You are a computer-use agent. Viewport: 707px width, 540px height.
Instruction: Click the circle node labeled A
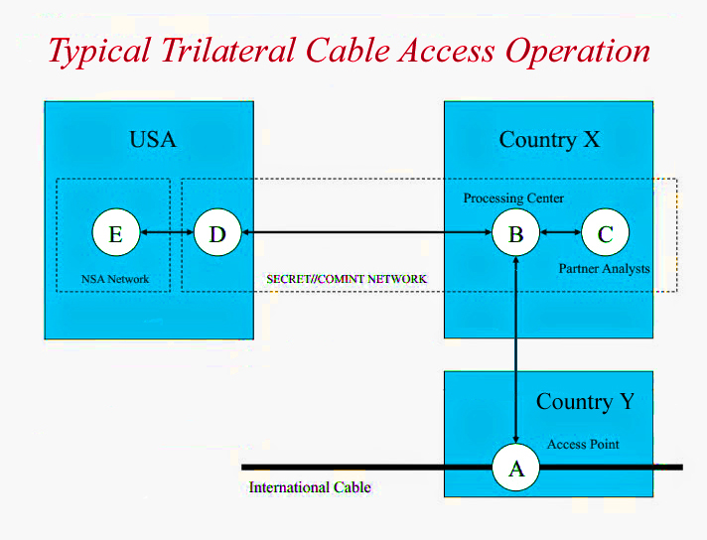(516, 468)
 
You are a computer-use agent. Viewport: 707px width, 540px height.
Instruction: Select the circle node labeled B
(516, 234)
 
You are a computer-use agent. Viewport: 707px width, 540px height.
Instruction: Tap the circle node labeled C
(605, 234)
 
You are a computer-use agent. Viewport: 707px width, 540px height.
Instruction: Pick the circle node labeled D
(217, 234)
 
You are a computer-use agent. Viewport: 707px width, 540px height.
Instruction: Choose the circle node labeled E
(115, 234)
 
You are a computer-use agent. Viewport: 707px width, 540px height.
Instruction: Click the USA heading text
(153, 139)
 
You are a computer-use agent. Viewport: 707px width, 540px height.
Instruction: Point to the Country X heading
(549, 139)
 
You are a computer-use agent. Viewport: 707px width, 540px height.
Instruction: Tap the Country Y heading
(585, 401)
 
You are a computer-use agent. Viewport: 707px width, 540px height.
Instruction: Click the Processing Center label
(513, 199)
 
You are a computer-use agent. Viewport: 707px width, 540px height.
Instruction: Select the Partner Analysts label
(604, 268)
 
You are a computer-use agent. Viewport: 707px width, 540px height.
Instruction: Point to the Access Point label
(583, 444)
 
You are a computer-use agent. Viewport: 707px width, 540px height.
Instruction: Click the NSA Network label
(115, 279)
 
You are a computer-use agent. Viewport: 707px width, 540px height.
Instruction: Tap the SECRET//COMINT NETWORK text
(347, 279)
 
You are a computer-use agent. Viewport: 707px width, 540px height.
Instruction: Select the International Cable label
(310, 487)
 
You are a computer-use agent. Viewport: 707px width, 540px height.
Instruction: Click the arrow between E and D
(166, 234)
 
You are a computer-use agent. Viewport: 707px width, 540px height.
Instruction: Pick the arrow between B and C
(560, 234)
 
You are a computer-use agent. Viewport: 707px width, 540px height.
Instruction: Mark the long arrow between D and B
(367, 234)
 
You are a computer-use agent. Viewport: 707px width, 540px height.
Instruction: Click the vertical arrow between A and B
(516, 347)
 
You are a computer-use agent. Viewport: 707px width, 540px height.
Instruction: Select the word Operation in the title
(578, 50)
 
